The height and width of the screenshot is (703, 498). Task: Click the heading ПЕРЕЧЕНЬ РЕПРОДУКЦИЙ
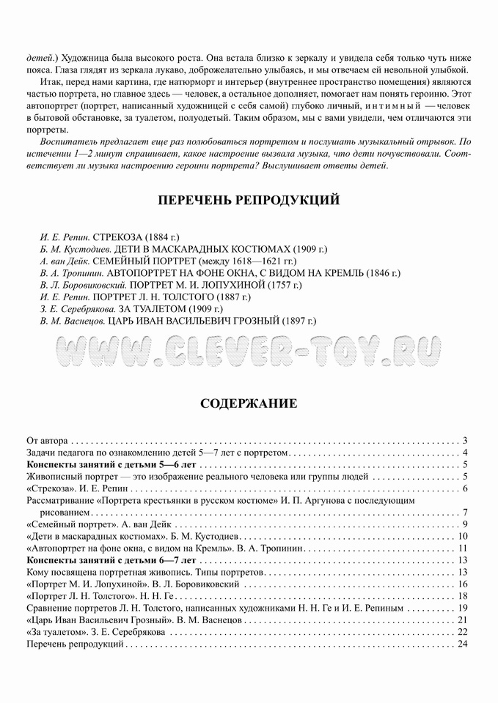[x=248, y=200]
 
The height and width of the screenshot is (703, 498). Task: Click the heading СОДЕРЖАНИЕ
[x=248, y=403]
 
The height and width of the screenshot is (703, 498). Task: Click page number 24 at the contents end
[x=462, y=644]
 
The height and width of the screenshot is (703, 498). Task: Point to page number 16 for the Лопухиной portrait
[x=462, y=584]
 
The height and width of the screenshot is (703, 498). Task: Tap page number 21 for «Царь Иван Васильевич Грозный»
[x=462, y=620]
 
